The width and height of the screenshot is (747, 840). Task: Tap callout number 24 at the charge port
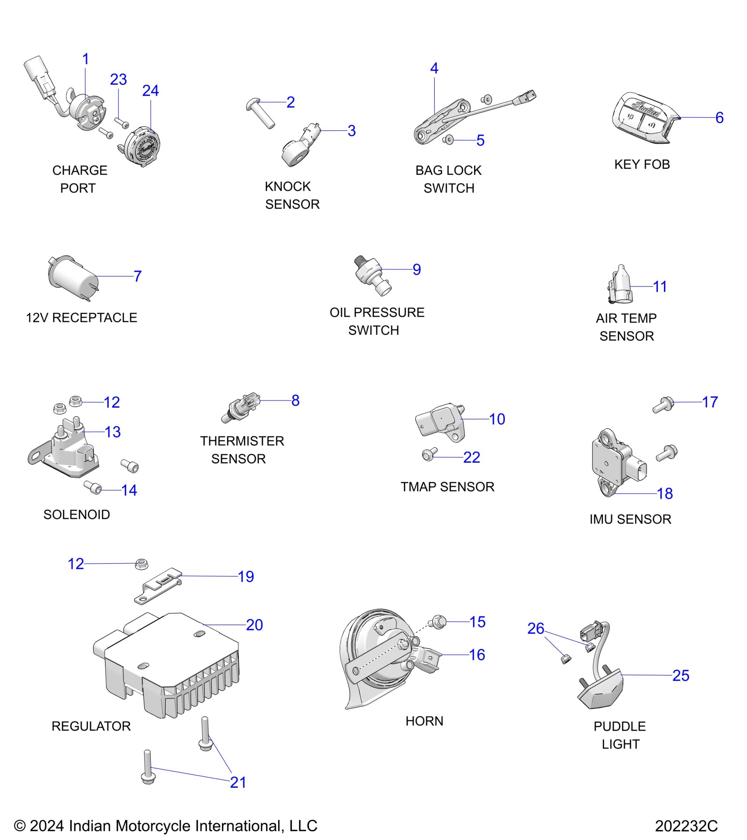coord(150,91)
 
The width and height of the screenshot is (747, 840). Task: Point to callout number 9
coord(417,269)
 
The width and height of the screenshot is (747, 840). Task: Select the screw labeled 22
coord(428,455)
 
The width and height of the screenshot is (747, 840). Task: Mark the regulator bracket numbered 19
coord(158,587)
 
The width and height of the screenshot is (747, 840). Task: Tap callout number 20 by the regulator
coord(254,625)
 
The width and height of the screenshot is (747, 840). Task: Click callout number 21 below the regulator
coord(238,782)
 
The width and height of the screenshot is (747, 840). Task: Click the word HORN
coord(424,721)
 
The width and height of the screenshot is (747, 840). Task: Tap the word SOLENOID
coord(76,514)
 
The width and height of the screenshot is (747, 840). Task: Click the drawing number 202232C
coord(686,826)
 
